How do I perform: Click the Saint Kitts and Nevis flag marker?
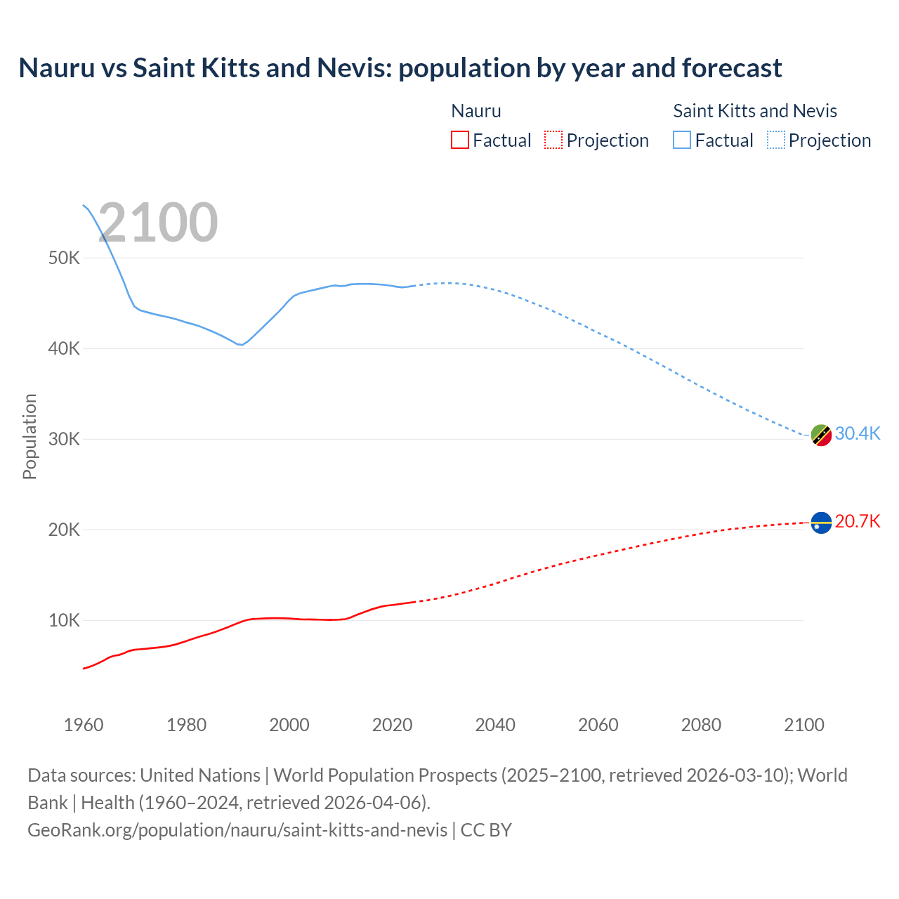[821, 435]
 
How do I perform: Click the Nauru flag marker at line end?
[821, 523]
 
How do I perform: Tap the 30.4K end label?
[857, 433]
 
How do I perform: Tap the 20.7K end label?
[857, 521]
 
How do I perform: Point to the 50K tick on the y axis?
[65, 258]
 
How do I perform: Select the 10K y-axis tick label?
[65, 620]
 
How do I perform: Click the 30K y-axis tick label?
[65, 439]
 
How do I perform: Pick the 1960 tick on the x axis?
[84, 725]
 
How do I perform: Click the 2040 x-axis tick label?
[495, 725]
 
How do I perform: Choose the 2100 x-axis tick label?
[803, 725]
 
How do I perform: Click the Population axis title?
[29, 436]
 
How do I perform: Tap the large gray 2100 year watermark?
[158, 223]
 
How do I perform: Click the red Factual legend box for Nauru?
[459, 140]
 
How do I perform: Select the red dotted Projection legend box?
[553, 140]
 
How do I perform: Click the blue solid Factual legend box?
[682, 140]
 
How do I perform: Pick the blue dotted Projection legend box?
[776, 140]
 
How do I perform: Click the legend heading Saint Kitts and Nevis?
[755, 111]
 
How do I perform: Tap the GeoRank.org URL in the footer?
[237, 830]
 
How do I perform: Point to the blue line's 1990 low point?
[241, 345]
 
